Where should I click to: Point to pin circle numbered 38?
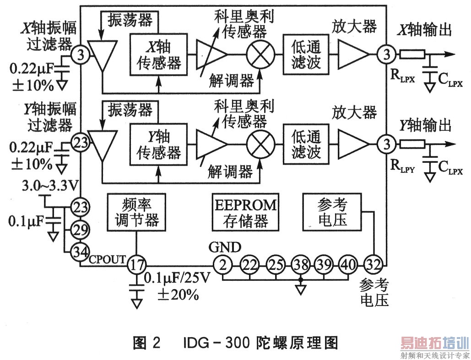coord(300,264)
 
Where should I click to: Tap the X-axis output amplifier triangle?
coord(352,55)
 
